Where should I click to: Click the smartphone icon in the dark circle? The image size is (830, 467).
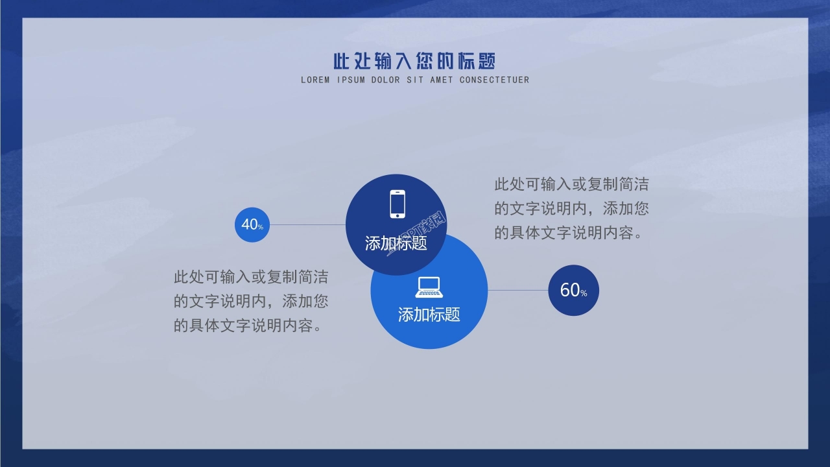[397, 204]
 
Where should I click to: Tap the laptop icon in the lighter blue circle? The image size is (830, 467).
[428, 287]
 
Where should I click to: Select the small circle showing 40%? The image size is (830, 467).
[252, 225]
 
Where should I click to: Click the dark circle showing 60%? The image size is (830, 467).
[573, 290]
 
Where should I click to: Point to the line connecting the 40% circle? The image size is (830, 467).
[307, 225]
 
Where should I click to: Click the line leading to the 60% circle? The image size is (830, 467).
[518, 290]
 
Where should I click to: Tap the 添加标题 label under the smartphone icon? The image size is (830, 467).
[396, 244]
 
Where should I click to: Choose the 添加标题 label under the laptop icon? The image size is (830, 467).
[429, 315]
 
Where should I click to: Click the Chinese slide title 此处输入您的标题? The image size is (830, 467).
[414, 62]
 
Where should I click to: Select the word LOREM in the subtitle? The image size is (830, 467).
[315, 80]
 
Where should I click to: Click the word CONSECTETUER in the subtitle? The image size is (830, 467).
[494, 80]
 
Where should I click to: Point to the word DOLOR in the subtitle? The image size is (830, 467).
[386, 80]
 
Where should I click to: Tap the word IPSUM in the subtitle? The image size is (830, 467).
[351, 80]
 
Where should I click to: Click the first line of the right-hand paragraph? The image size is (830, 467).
[571, 185]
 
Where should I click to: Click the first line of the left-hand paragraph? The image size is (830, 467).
[251, 278]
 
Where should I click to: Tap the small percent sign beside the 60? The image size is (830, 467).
[584, 294]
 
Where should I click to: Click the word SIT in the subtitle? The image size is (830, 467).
[415, 80]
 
